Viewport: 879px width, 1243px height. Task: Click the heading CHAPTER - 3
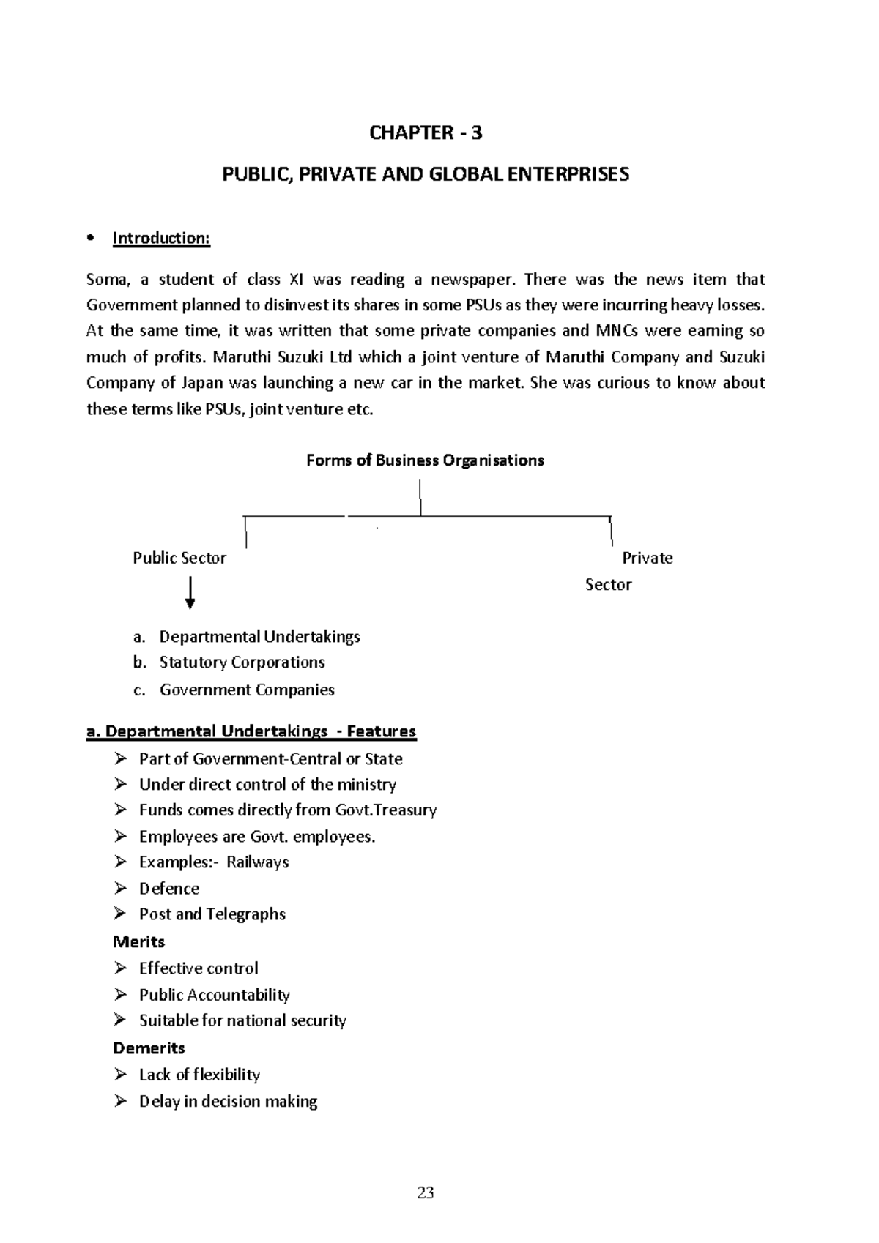coord(426,132)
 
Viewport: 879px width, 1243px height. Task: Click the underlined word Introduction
coord(160,238)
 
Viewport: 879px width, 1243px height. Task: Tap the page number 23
coord(426,1193)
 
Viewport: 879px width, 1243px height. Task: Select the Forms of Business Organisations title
coord(425,460)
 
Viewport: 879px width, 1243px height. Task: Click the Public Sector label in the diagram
coord(179,558)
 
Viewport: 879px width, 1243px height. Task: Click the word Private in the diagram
coord(647,558)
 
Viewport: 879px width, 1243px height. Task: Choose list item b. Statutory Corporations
coord(242,662)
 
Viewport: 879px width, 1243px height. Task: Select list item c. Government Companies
coord(247,690)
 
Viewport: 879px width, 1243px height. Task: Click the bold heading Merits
coord(139,941)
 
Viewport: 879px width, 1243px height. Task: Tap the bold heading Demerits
coord(149,1048)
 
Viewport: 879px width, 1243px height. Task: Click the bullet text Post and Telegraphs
coord(212,914)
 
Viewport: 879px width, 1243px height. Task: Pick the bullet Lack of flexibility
coord(199,1075)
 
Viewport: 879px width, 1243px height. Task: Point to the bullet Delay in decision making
coord(228,1101)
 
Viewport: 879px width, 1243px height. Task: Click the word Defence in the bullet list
coord(169,889)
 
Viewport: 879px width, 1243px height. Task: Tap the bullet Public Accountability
coord(215,995)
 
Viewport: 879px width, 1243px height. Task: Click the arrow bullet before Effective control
coord(121,968)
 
